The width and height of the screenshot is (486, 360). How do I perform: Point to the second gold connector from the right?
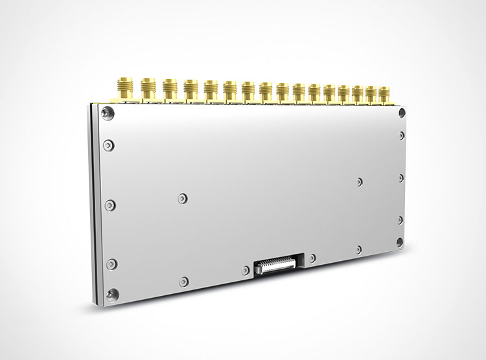pyautogui.click(x=371, y=95)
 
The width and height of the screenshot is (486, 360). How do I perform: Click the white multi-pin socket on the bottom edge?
pyautogui.click(x=279, y=265)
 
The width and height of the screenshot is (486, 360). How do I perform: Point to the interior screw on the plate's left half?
pyautogui.click(x=182, y=197)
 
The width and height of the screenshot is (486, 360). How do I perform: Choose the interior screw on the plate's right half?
pyautogui.click(x=360, y=181)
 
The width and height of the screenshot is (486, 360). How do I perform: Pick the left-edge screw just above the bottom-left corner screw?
pyautogui.click(x=110, y=263)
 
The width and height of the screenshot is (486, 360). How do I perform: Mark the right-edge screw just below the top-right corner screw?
pyautogui.click(x=402, y=135)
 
